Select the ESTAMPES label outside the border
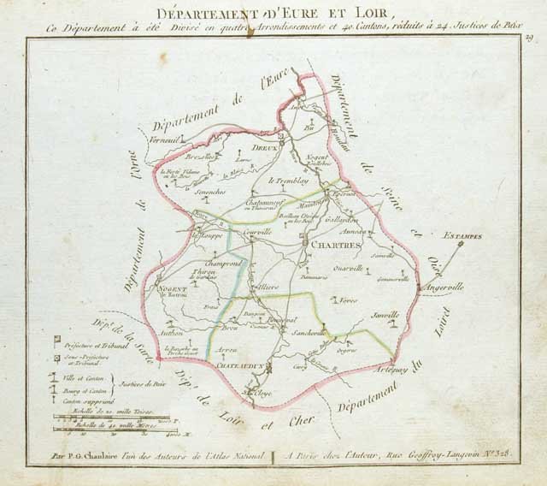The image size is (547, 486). [462, 235]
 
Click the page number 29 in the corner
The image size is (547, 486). [530, 37]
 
